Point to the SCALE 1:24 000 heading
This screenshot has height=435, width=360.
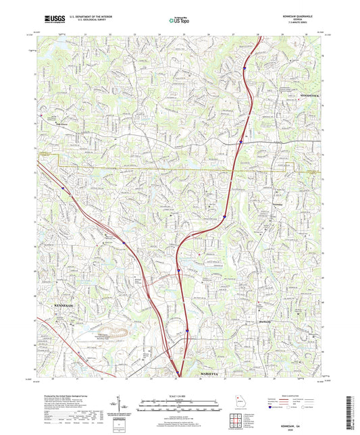click(180, 386)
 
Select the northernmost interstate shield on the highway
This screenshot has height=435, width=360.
click(244, 68)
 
